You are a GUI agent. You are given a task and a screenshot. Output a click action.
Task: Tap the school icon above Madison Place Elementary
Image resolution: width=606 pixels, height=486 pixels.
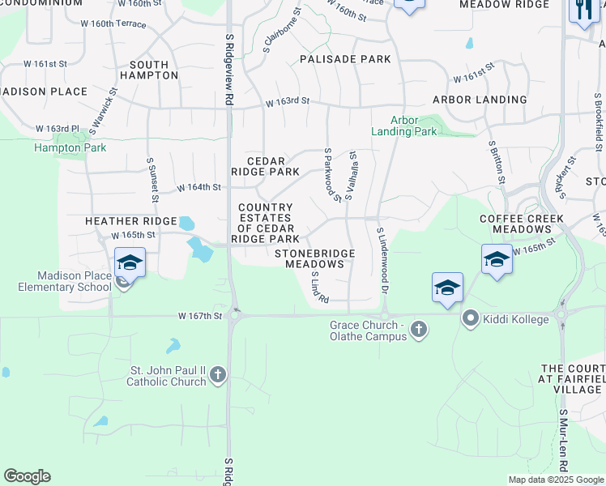pos(130,262)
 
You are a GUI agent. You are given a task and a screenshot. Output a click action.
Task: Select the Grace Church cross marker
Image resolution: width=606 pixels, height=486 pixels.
pos(418,329)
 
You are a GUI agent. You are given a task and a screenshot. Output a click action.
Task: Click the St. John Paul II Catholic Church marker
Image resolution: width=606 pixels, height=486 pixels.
pos(216,375)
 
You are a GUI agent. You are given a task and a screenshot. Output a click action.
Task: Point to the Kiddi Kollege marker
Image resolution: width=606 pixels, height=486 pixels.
pos(471,319)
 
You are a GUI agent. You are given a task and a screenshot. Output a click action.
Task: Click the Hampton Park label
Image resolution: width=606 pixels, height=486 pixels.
pos(59,147)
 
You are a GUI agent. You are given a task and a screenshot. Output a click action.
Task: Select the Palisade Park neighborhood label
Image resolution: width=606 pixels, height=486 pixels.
pos(345,59)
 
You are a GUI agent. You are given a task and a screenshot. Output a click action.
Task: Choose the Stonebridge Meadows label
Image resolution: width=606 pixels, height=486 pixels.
pos(314,259)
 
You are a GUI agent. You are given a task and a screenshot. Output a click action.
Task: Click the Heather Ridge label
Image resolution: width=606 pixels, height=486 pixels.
pos(131,221)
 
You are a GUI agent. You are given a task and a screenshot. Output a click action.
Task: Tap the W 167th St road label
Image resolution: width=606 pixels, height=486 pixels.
pos(200,316)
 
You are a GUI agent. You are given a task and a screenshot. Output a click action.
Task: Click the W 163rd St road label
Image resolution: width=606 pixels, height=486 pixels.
pos(288,101)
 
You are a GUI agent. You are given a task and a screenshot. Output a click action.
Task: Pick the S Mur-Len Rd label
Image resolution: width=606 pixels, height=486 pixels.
pos(563,442)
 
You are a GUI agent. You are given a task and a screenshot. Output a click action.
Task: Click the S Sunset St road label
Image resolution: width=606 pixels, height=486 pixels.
pos(151,181)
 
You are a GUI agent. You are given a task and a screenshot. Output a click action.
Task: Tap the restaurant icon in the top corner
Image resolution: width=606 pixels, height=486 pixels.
pos(583,10)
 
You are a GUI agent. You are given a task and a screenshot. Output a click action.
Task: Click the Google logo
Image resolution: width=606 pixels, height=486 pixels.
pos(27,476)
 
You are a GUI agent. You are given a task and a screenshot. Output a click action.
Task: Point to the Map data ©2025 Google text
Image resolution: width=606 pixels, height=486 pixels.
pos(555,480)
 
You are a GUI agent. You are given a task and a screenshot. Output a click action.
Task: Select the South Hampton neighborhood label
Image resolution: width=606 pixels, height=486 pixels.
pos(149,70)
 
